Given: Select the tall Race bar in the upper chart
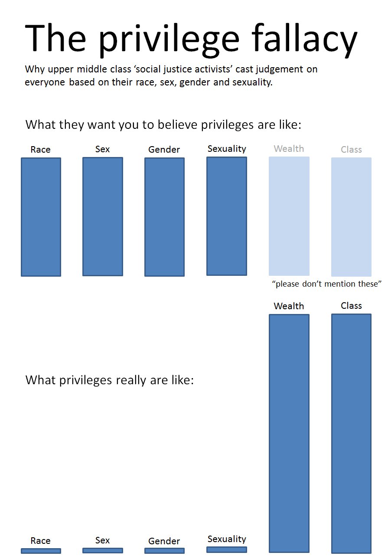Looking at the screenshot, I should pos(41,217).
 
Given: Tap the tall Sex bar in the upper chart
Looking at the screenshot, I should pos(103,216).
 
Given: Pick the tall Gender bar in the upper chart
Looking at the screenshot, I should pos(164,217).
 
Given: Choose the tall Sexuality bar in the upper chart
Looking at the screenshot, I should pos(227,216).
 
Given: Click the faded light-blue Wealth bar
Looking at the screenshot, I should pos(289,216).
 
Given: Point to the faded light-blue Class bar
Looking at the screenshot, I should pos(351,217).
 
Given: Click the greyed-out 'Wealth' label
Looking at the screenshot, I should pos(289,149).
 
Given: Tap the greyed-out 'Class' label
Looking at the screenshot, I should pos(351,150).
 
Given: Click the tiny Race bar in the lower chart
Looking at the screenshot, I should pos(41,551).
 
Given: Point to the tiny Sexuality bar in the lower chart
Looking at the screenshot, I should pos(227,549).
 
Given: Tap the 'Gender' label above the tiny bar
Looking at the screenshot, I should pos(164,541).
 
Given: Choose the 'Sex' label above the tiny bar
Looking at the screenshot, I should pos(103,540).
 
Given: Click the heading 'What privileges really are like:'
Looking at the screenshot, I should pos(110,380).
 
